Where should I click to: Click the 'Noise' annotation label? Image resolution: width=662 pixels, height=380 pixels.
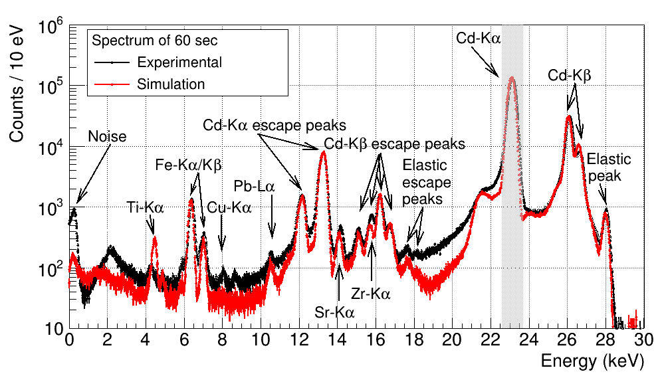coord(107,137)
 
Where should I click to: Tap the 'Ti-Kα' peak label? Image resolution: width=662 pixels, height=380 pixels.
coord(145,207)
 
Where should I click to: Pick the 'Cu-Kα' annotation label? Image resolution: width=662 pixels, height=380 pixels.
coord(229,207)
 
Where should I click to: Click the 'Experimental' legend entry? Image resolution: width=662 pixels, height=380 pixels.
coord(179,62)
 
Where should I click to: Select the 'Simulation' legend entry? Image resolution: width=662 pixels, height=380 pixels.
coord(171,84)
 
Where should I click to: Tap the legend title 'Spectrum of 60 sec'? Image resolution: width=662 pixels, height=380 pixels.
coord(155,41)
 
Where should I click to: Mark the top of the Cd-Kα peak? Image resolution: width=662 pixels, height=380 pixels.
coord(512,78)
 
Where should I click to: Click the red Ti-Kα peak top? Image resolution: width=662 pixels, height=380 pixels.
coord(155,237)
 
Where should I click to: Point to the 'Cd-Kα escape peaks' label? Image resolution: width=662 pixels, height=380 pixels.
coord(275,125)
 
